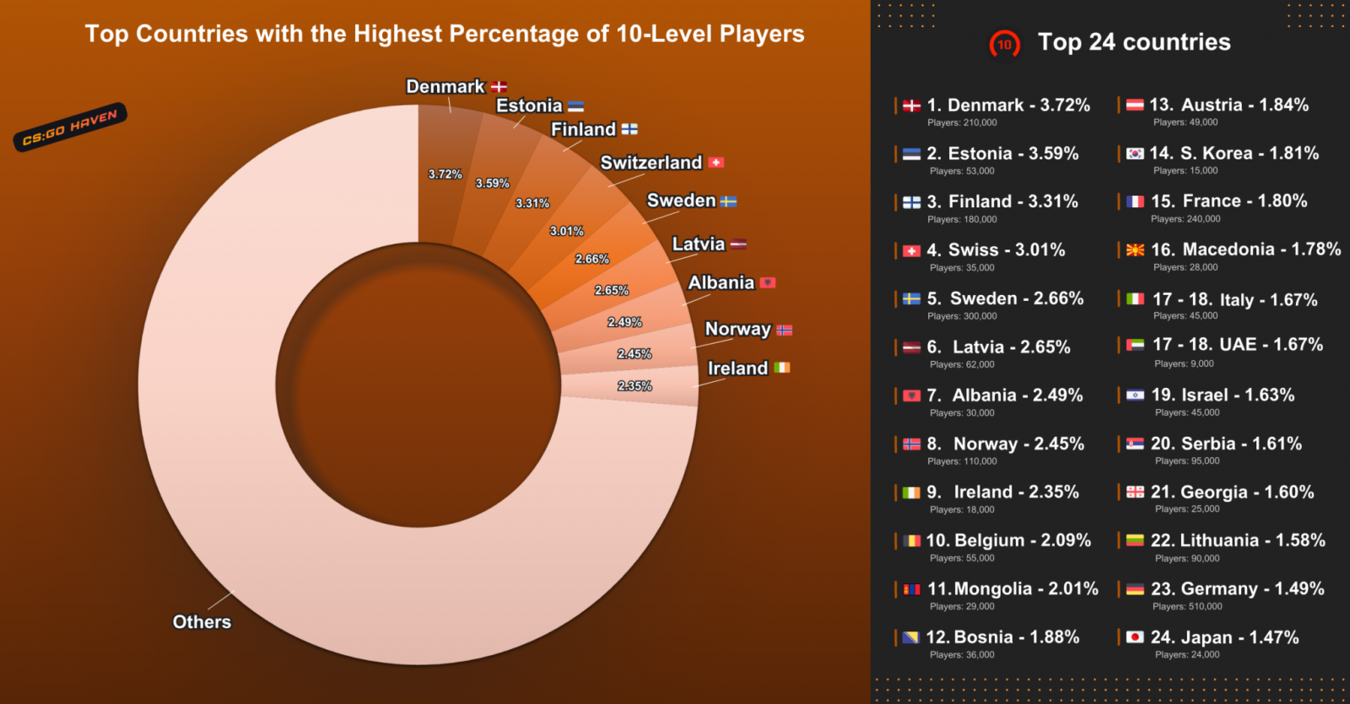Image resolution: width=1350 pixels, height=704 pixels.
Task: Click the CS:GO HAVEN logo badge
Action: (70, 127)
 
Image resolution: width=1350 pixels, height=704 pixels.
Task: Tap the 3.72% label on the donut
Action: (445, 175)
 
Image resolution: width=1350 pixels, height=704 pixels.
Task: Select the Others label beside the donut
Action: (202, 622)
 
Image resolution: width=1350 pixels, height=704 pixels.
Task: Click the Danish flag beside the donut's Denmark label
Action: (499, 87)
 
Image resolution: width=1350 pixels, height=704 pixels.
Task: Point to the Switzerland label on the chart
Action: (651, 163)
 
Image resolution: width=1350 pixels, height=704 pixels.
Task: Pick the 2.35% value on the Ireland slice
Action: (634, 386)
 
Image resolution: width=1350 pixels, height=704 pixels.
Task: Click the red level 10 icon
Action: (1004, 45)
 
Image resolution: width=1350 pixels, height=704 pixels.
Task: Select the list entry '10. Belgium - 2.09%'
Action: (1008, 540)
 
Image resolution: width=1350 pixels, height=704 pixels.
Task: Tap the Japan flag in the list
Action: (1135, 637)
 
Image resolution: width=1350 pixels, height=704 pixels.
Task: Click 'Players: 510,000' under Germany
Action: (1187, 606)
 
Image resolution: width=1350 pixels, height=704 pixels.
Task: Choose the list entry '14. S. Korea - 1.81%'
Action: (1234, 153)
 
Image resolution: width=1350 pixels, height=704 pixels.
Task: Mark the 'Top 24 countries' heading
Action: (1134, 42)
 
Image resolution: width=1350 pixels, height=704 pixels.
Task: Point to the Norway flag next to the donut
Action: (785, 331)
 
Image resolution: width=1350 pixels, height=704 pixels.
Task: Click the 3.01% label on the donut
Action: (566, 231)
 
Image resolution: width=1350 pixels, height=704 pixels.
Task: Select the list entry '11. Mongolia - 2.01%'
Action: (1012, 588)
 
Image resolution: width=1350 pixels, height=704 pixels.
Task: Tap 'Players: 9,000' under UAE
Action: (1184, 363)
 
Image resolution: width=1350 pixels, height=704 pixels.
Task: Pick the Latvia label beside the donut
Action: (698, 245)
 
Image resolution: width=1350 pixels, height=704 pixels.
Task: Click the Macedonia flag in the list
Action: (1135, 250)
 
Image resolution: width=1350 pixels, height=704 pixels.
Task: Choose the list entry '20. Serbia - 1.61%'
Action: (1226, 443)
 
